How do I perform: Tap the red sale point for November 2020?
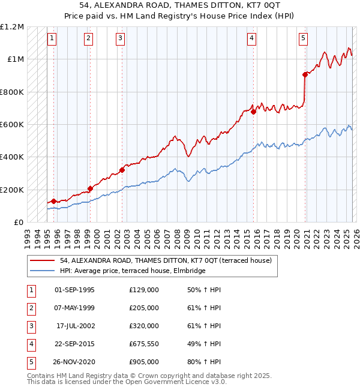[x=305, y=74]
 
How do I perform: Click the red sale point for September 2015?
[x=253, y=112]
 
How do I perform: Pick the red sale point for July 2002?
[x=122, y=170]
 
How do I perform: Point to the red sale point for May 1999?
[x=90, y=188]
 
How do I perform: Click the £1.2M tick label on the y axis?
[x=12, y=27]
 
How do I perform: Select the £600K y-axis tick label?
[x=12, y=125]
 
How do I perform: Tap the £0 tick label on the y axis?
[x=17, y=222]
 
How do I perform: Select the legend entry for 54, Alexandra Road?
[x=166, y=260]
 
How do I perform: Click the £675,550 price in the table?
[x=144, y=344]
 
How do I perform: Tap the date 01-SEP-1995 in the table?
[x=74, y=290]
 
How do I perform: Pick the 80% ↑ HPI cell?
[x=204, y=362]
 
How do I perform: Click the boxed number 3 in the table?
[x=30, y=326]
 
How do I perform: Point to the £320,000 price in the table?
[x=144, y=326]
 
